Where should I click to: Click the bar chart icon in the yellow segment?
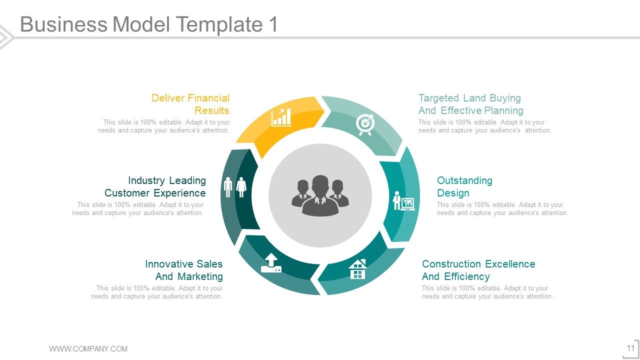point(281,117)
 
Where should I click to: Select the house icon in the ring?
point(357,269)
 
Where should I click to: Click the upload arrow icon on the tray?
point(271,263)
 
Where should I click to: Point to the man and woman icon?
point(235,187)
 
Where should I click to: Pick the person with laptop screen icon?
point(404,200)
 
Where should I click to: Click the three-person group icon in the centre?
point(320,195)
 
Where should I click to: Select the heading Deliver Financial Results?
point(190,104)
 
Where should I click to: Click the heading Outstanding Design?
point(464,186)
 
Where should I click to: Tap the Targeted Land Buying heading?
point(470,104)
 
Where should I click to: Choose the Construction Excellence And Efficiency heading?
point(478,270)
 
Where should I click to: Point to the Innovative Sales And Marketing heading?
point(184,270)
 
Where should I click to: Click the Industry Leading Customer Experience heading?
point(155,186)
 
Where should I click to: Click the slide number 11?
point(630,348)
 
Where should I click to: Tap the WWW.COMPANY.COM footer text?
point(88,349)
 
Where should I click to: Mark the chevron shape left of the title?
point(6,37)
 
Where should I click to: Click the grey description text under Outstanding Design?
point(502,209)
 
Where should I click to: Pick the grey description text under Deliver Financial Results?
point(164,126)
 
